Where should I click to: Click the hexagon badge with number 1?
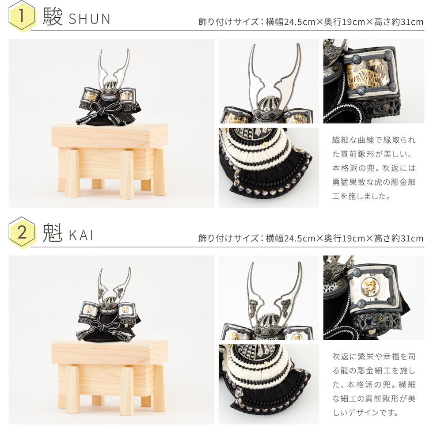(x=22, y=16)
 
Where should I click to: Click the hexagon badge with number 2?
(x=22, y=232)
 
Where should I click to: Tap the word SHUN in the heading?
(x=89, y=19)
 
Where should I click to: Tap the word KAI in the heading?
(x=80, y=235)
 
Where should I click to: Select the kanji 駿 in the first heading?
(x=53, y=17)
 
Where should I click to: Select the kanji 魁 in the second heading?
(x=53, y=233)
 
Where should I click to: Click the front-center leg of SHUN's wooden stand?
(x=127, y=175)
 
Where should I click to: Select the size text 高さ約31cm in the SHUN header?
(x=399, y=22)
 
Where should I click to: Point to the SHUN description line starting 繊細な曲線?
(x=374, y=140)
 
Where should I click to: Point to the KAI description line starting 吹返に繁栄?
(x=374, y=357)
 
